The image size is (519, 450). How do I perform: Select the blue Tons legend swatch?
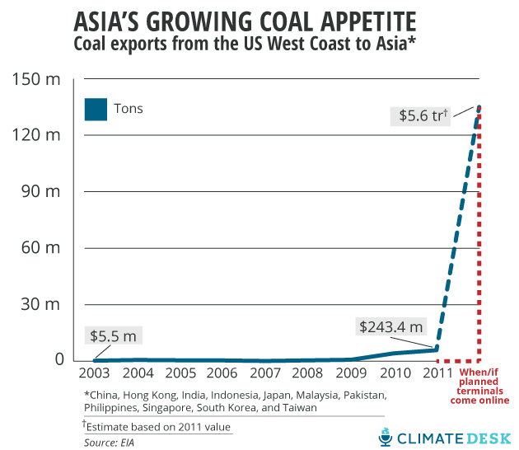[96, 109]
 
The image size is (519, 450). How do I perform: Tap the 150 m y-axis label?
[37, 79]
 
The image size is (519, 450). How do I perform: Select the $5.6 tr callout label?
[418, 116]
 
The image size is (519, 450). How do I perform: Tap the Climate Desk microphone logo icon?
[386, 437]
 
